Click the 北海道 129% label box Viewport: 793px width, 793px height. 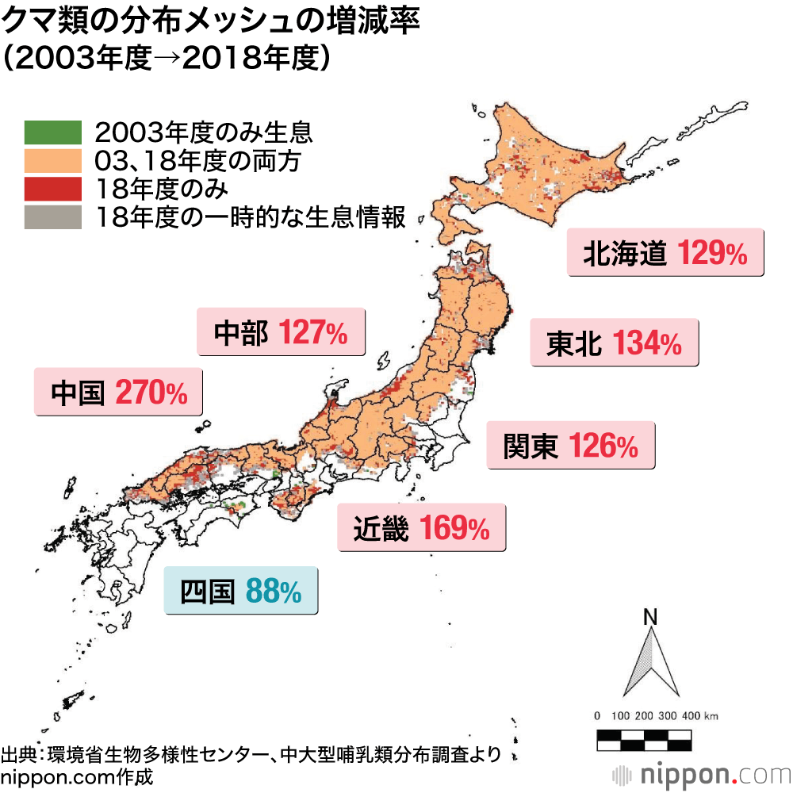click(665, 252)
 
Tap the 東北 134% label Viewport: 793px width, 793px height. click(614, 343)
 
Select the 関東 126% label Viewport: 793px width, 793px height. click(571, 446)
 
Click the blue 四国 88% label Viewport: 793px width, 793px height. click(241, 591)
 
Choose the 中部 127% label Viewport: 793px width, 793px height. click(281, 332)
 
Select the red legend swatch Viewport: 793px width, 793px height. click(53, 188)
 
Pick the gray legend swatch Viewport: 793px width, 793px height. click(53, 216)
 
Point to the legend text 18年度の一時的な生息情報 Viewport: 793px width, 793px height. click(250, 216)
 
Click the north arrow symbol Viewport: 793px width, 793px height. click(651, 663)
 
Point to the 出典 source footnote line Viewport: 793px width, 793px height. click(251, 753)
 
